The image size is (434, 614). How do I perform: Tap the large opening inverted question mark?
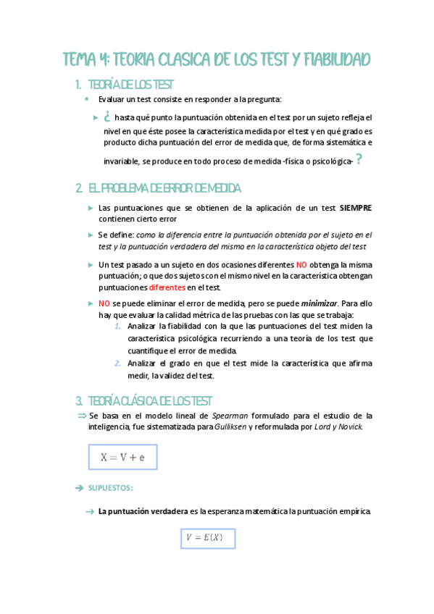(x=106, y=116)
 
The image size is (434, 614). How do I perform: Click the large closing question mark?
(x=359, y=160)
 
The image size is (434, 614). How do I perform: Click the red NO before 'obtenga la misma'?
(x=301, y=265)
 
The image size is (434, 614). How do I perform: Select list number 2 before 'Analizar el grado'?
(x=117, y=363)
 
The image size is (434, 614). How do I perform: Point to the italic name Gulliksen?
(x=230, y=427)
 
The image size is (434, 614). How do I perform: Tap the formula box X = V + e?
(x=122, y=457)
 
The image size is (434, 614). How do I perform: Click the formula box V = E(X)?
(x=207, y=538)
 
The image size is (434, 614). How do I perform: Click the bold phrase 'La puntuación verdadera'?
(x=143, y=512)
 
